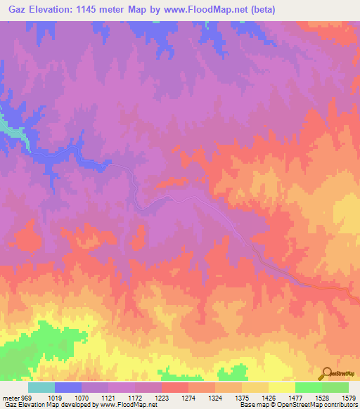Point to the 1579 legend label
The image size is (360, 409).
[x=349, y=397]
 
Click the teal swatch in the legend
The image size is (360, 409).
[x=41, y=387]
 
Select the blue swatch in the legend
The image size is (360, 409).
[x=68, y=387]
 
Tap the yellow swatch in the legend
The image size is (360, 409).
[x=281, y=387]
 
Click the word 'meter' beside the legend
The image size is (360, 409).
[x=10, y=397]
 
